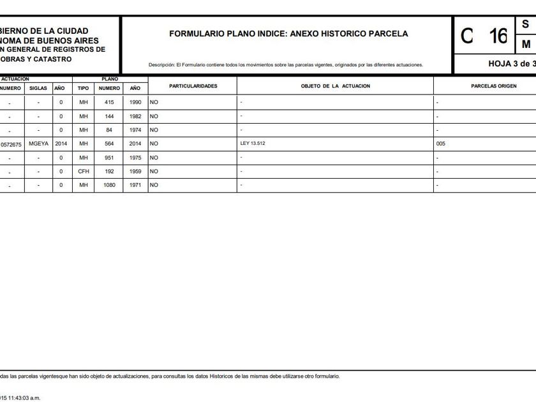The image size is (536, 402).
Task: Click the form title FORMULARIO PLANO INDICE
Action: pyautogui.click(x=288, y=34)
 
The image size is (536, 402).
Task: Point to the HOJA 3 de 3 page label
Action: pyautogui.click(x=511, y=64)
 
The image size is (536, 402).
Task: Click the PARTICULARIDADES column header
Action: pyautogui.click(x=193, y=86)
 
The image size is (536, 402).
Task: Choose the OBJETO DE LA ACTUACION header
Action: pyautogui.click(x=335, y=86)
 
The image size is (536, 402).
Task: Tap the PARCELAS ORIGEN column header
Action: pyautogui.click(x=493, y=86)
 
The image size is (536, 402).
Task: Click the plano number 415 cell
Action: pyautogui.click(x=108, y=102)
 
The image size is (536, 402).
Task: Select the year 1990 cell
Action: pyautogui.click(x=135, y=102)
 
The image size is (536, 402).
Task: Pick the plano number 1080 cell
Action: pyautogui.click(x=108, y=185)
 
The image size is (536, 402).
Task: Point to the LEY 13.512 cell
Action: pyautogui.click(x=253, y=144)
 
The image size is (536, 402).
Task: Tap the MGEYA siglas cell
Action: pyautogui.click(x=39, y=144)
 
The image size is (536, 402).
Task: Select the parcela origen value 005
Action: pyautogui.click(x=441, y=144)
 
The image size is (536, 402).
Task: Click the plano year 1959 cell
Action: pyautogui.click(x=135, y=172)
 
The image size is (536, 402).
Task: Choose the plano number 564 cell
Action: pyautogui.click(x=108, y=144)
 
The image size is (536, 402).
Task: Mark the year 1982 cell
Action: pyautogui.click(x=135, y=117)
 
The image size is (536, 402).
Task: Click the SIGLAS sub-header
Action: pyautogui.click(x=38, y=88)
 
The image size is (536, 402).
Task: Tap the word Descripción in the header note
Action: pyautogui.click(x=161, y=65)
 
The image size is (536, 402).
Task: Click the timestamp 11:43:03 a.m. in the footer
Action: pyautogui.click(x=23, y=398)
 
